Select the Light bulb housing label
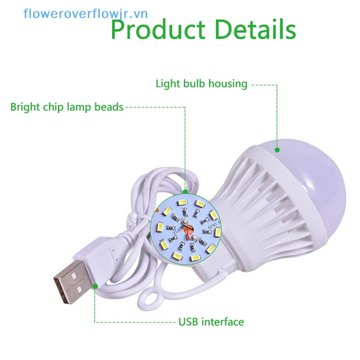tap(201, 84)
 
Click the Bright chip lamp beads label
tap(67, 107)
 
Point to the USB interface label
tap(211, 322)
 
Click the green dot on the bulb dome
tap(277, 149)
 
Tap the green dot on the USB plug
tap(95, 285)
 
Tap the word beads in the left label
tap(109, 107)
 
